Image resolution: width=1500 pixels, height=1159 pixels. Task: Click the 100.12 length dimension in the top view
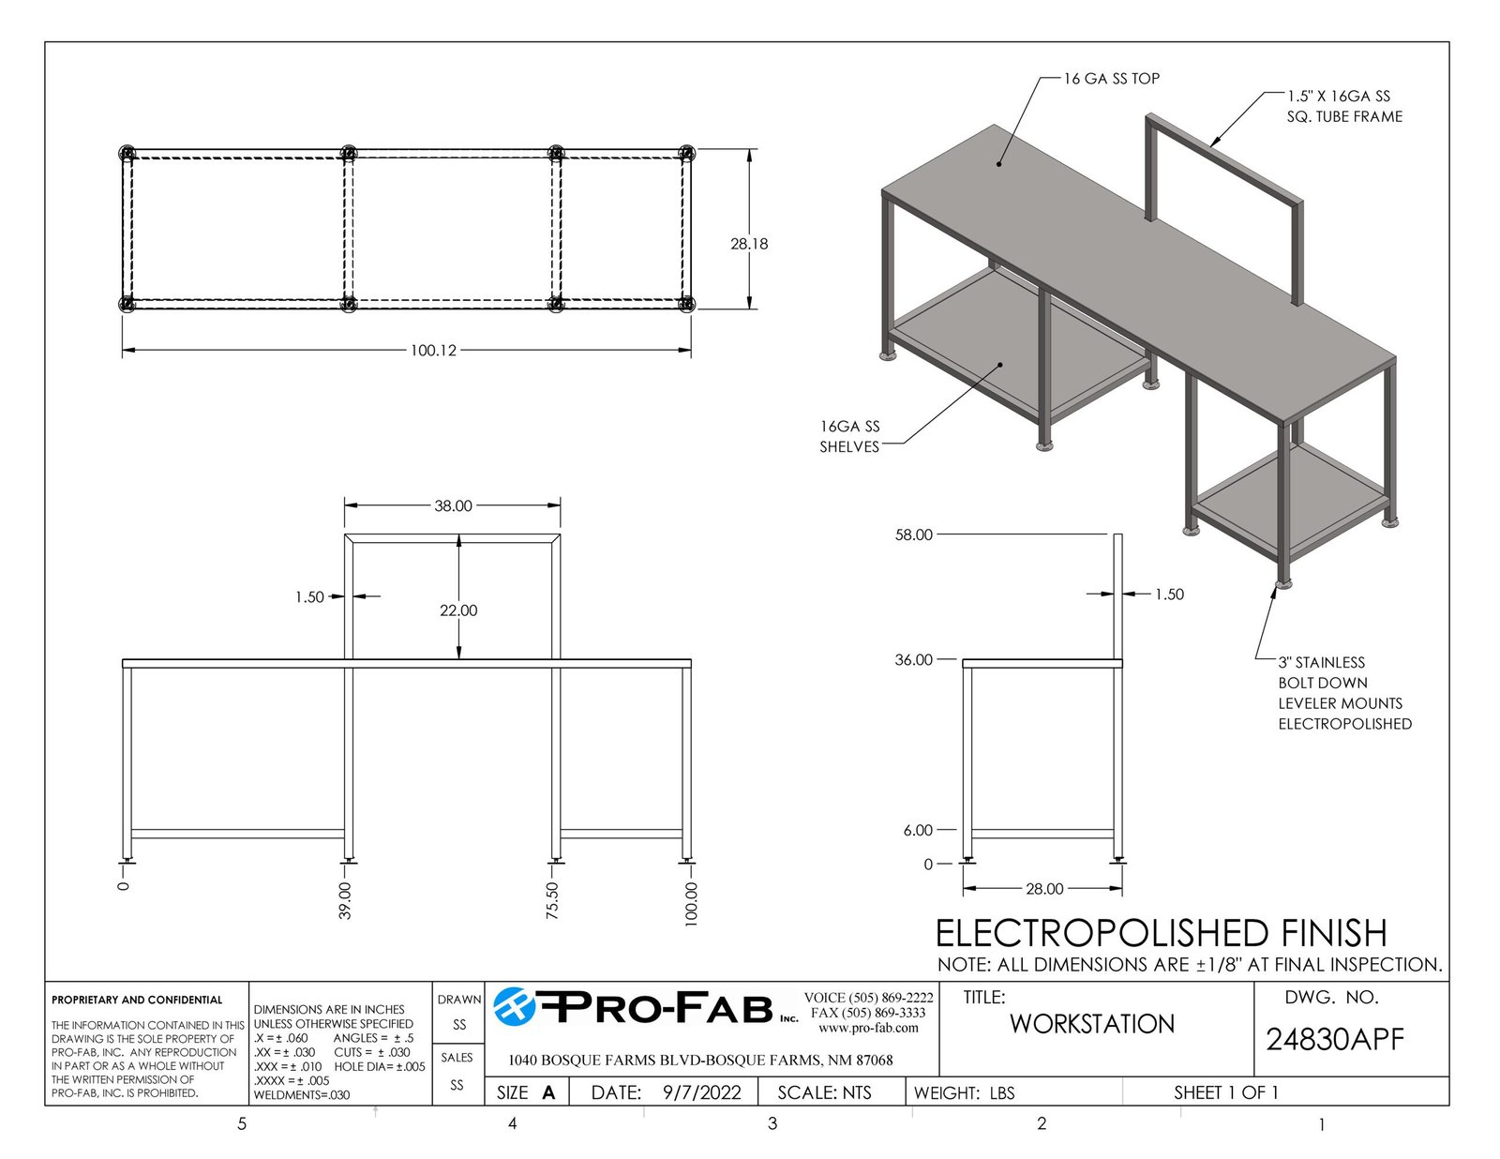click(x=433, y=350)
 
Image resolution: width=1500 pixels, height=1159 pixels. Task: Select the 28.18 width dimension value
click(x=749, y=244)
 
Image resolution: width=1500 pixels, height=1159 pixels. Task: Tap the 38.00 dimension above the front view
click(x=453, y=506)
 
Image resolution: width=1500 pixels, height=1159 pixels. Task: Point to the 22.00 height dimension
click(x=458, y=610)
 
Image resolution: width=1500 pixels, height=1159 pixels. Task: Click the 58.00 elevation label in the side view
click(x=913, y=535)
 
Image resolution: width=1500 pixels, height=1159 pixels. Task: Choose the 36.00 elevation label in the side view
click(x=913, y=660)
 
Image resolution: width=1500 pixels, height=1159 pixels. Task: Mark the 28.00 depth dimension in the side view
click(x=1044, y=889)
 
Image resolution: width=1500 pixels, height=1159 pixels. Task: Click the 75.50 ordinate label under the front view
click(x=552, y=900)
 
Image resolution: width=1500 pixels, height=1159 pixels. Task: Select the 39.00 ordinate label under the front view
click(x=345, y=900)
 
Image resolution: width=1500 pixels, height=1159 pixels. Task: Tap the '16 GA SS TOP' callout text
click(x=1111, y=79)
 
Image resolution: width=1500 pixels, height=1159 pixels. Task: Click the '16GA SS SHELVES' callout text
click(x=849, y=436)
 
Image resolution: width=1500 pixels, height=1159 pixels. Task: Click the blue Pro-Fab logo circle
click(x=515, y=1006)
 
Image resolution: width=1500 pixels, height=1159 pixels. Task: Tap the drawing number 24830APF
click(x=1335, y=1040)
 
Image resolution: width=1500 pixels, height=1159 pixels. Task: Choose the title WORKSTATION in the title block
click(x=1092, y=1024)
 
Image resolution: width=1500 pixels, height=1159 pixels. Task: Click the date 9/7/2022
click(x=702, y=1092)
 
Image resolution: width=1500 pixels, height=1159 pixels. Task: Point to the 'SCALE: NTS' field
click(x=824, y=1092)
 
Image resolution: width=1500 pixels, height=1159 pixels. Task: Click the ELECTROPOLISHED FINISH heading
click(x=1161, y=933)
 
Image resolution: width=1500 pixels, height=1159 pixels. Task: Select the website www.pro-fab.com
click(x=868, y=1028)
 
